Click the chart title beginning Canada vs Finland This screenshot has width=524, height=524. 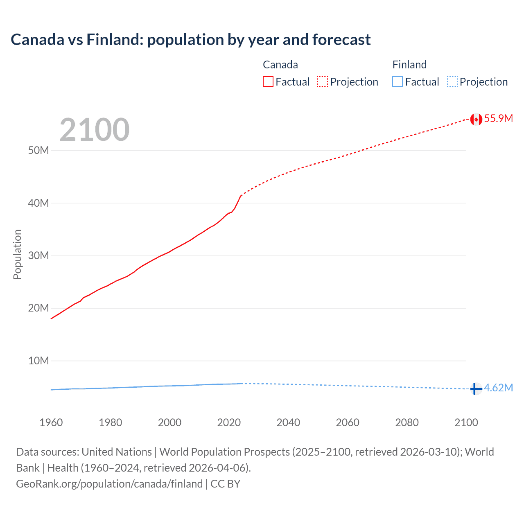[x=190, y=40]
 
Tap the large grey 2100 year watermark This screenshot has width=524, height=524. [x=95, y=130]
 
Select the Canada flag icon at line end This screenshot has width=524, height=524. [x=476, y=119]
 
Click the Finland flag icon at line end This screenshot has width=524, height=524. [x=475, y=388]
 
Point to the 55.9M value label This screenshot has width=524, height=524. [x=498, y=118]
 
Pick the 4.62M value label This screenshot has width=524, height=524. [x=498, y=388]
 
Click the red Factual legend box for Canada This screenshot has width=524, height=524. [x=268, y=82]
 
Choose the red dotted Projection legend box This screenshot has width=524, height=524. [x=323, y=82]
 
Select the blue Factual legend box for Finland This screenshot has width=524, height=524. [x=398, y=82]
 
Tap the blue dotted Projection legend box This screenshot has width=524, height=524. [x=452, y=82]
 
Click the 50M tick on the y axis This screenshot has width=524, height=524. [x=38, y=150]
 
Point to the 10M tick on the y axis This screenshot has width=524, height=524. [x=38, y=361]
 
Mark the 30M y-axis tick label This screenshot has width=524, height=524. [x=38, y=255]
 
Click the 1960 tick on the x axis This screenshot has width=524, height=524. [x=51, y=422]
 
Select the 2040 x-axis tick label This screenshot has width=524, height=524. [x=288, y=422]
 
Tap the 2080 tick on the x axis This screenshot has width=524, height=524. [x=407, y=422]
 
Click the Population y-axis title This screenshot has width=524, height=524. [x=17, y=254]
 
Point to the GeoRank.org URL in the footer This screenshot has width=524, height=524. [x=109, y=484]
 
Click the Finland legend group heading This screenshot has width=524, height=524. [x=409, y=65]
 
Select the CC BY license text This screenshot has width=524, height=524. [x=225, y=484]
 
